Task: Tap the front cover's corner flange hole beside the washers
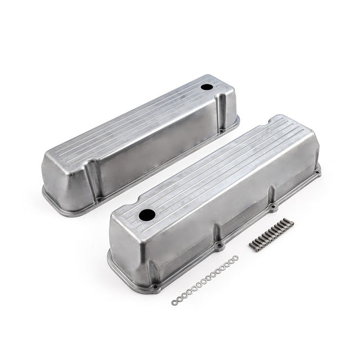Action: pos(155,287)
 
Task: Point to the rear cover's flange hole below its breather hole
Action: pos(234,123)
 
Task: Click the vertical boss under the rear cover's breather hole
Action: pos(226,108)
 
